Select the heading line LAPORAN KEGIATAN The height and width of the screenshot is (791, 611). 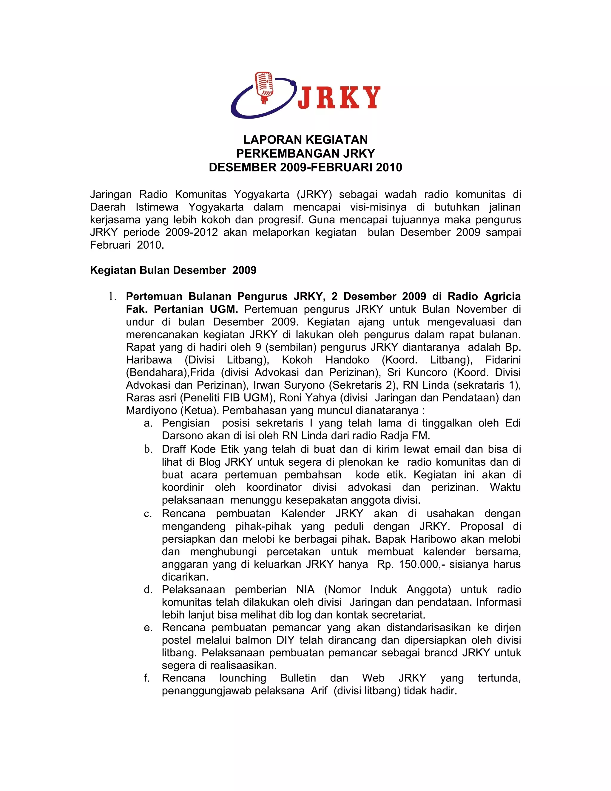click(x=305, y=139)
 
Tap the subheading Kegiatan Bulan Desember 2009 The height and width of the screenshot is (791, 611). click(x=173, y=270)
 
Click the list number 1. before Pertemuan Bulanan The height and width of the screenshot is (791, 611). click(x=112, y=297)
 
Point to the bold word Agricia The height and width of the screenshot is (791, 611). click(x=502, y=296)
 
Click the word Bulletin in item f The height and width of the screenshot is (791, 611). click(x=298, y=678)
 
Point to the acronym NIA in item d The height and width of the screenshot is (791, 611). click(x=305, y=590)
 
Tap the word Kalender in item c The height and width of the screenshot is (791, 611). click(x=303, y=514)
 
